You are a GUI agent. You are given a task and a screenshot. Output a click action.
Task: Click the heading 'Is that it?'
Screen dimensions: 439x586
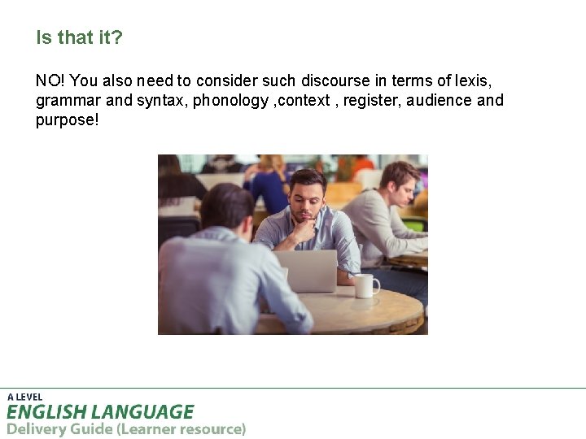coord(79,37)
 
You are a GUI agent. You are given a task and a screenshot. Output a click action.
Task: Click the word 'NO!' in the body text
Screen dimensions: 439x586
coord(50,80)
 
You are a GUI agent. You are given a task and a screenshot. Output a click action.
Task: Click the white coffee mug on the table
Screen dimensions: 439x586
coord(365,285)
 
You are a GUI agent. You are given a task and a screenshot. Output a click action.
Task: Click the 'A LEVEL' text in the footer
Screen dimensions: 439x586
coord(24,397)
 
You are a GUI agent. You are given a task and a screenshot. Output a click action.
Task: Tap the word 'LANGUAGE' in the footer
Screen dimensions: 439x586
coord(143,412)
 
